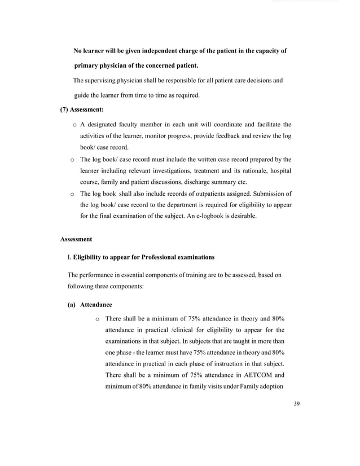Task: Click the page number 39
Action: click(x=297, y=403)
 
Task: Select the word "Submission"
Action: click(x=265, y=194)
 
